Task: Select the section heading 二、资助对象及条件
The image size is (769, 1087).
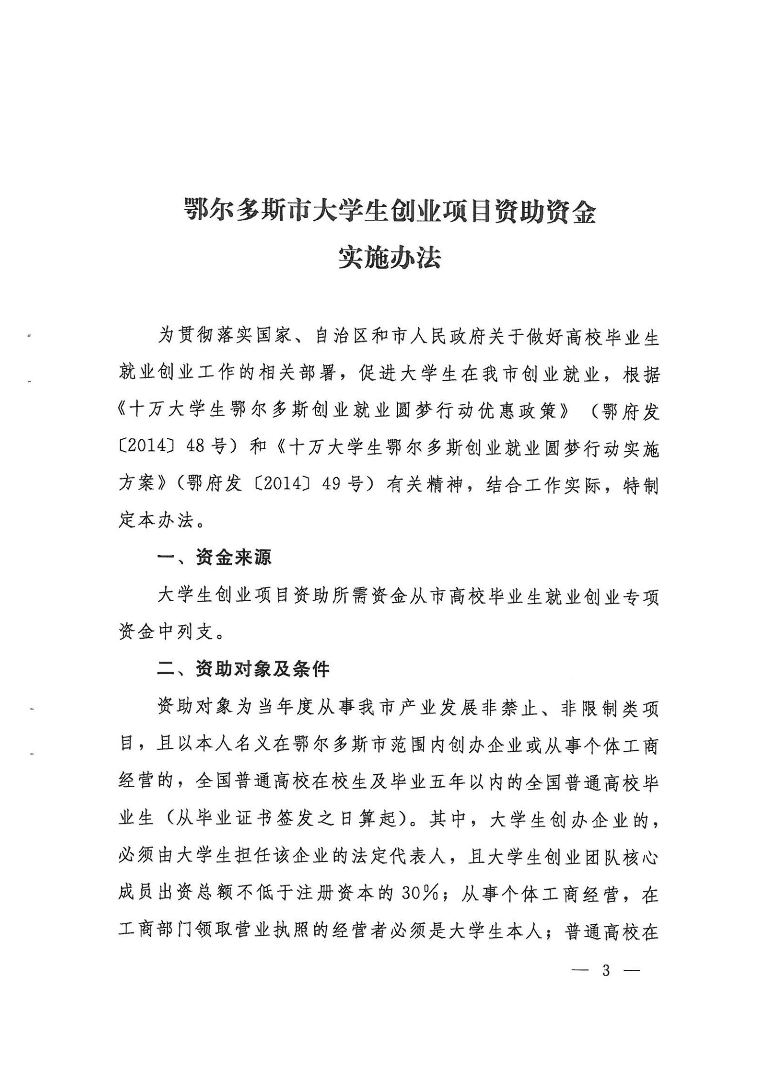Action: point(243,669)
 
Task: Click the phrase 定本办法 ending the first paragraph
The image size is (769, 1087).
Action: point(156,521)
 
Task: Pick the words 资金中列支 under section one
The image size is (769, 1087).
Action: point(166,632)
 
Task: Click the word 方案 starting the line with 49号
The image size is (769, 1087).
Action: point(137,483)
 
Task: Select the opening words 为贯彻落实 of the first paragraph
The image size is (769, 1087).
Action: point(206,336)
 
